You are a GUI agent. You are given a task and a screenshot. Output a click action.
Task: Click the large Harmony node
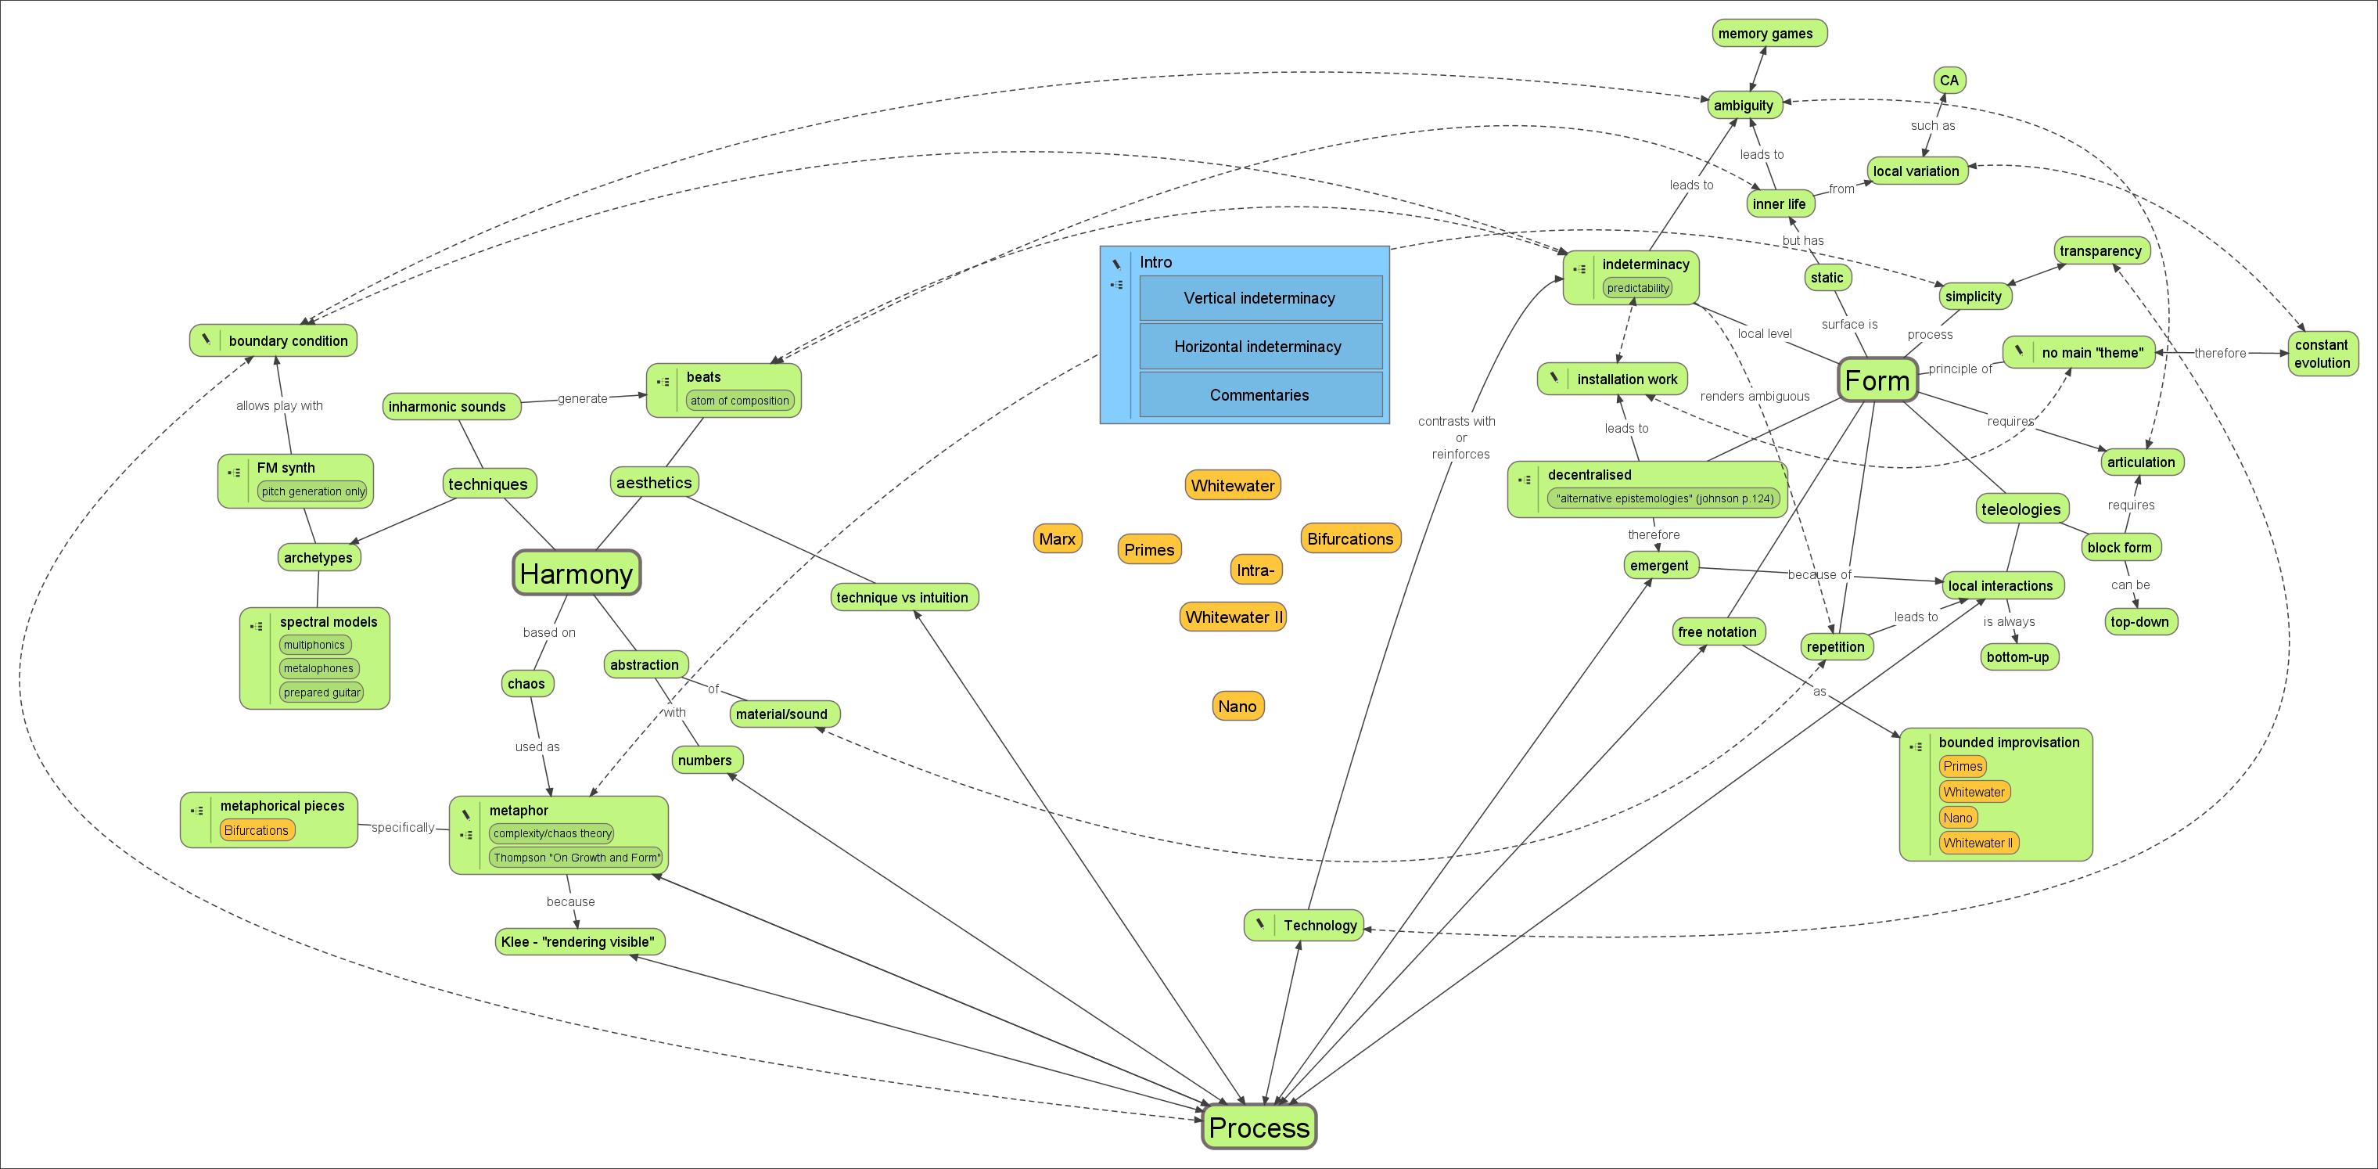[x=576, y=574]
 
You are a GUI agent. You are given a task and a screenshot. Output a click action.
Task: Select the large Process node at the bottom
[x=1259, y=1128]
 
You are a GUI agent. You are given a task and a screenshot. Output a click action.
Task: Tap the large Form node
[x=1877, y=380]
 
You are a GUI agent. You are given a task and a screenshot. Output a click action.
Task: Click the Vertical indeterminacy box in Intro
[x=1260, y=298]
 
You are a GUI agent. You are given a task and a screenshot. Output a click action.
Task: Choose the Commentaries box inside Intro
[x=1260, y=395]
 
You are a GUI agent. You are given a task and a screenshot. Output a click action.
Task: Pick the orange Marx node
[x=1057, y=539]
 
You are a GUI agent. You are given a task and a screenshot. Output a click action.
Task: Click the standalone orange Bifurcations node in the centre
[x=1349, y=539]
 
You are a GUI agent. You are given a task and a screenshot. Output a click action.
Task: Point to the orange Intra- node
[x=1255, y=570]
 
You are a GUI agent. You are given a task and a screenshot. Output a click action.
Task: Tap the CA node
[x=1949, y=81]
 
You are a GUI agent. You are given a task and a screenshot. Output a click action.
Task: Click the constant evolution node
[x=2322, y=354]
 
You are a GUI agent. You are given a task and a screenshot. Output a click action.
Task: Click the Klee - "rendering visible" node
[x=579, y=942]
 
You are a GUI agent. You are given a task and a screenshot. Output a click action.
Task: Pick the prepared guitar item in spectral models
[x=322, y=692]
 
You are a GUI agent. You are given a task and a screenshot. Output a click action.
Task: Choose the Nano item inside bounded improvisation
[x=1957, y=817]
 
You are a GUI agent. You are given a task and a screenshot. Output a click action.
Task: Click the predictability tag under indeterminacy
[x=1638, y=288]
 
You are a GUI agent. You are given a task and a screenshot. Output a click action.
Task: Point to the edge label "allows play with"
[x=278, y=405]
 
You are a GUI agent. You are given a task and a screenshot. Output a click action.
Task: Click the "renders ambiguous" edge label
[x=1754, y=396]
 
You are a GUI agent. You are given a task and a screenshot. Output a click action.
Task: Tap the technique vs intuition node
[x=902, y=598]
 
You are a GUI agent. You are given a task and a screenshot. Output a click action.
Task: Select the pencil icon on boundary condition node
[x=206, y=340]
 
